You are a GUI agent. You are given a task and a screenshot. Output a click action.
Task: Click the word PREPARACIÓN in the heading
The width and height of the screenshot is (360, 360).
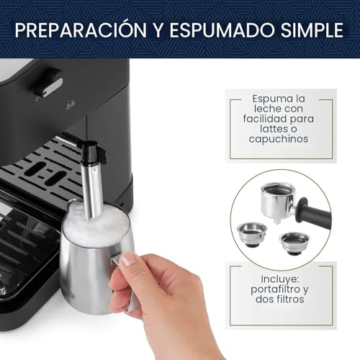81,30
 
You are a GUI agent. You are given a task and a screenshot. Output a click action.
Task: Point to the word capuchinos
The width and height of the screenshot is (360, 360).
279,140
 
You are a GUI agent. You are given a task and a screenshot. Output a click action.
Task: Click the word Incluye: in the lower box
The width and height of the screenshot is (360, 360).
280,279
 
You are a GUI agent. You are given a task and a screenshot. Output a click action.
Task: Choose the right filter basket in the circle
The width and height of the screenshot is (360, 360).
294,243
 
